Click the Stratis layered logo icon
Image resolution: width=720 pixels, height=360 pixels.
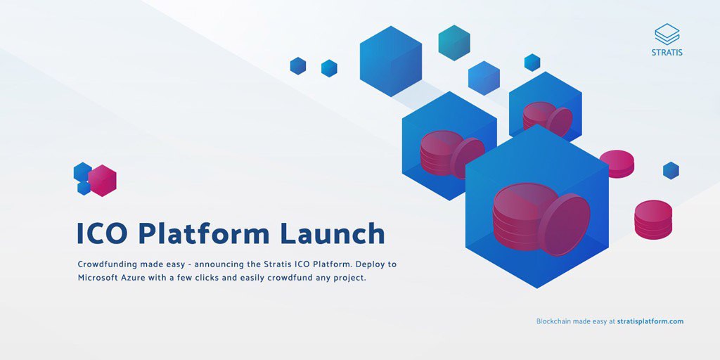point(667,34)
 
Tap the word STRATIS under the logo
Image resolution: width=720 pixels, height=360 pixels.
point(667,52)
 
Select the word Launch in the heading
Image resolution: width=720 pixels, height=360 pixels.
point(333,233)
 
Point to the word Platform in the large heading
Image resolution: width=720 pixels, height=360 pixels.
point(204,233)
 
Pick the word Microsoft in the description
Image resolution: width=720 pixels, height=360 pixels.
point(96,278)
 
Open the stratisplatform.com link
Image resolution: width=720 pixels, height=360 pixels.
point(650,321)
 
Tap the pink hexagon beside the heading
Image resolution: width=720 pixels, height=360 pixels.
point(103,181)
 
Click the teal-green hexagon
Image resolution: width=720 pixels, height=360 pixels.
point(454,43)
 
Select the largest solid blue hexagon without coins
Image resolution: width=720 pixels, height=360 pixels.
point(391,61)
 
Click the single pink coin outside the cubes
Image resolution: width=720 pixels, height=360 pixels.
point(617,163)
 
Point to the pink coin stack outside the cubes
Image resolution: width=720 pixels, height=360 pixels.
point(653,219)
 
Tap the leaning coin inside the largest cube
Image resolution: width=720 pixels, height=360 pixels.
point(565,224)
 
